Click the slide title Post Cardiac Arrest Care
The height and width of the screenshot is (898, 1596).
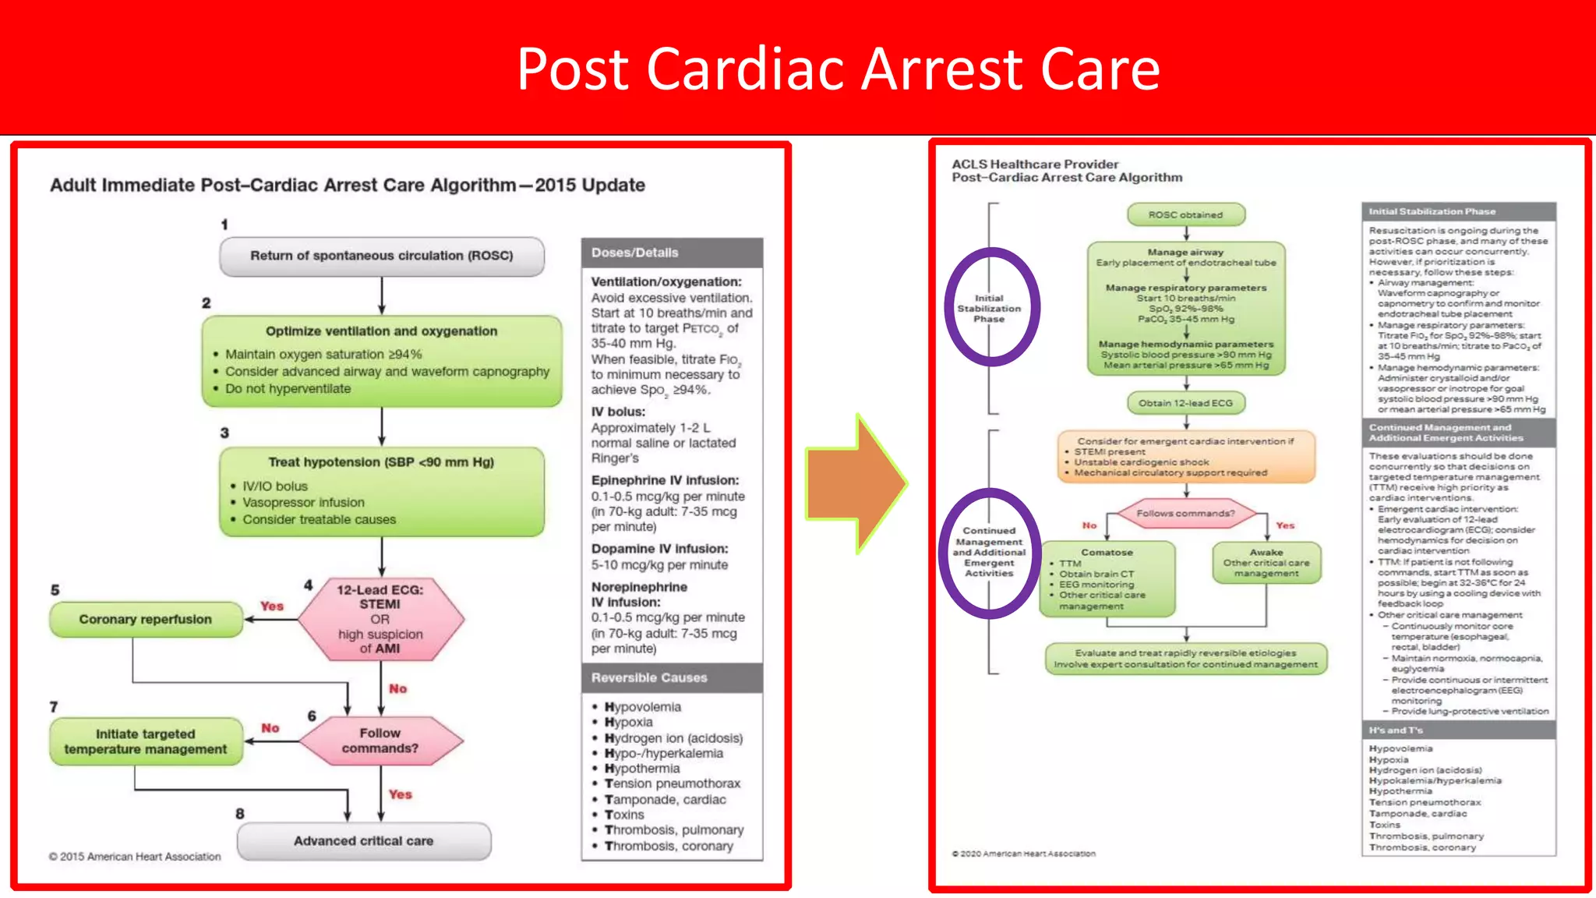[838, 69]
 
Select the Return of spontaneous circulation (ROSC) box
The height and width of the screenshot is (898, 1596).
[381, 256]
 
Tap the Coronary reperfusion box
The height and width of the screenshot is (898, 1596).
[146, 619]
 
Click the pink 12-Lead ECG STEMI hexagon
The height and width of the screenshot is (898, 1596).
[380, 619]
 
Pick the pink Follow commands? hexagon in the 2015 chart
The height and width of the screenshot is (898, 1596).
[380, 741]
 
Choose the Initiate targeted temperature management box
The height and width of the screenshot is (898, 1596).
[146, 741]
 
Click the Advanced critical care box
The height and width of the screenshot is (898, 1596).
[363, 841]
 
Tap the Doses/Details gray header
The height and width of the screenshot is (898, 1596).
[672, 253]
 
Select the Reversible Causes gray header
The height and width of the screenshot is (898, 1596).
[672, 677]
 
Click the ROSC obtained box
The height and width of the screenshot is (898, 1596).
[1185, 214]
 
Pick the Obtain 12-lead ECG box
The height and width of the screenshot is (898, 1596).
[1185, 403]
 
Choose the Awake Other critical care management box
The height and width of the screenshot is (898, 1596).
[1266, 563]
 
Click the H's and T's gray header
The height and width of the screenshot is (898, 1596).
[1458, 730]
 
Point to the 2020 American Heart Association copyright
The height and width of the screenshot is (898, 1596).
[1023, 854]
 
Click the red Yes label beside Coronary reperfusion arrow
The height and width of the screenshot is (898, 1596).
[272, 606]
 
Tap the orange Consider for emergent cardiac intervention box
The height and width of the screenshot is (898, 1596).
[1185, 457]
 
